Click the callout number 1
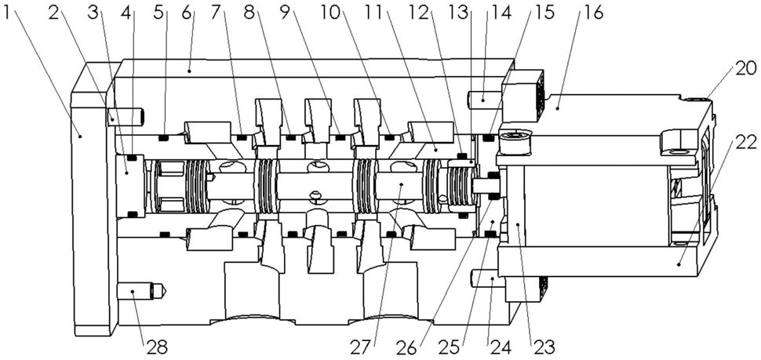[7, 13]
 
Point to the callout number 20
[745, 68]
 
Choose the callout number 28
[157, 347]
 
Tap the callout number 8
[250, 13]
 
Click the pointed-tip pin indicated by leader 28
[143, 291]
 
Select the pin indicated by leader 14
[486, 100]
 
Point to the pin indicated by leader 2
[124, 117]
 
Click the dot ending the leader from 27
[402, 184]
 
